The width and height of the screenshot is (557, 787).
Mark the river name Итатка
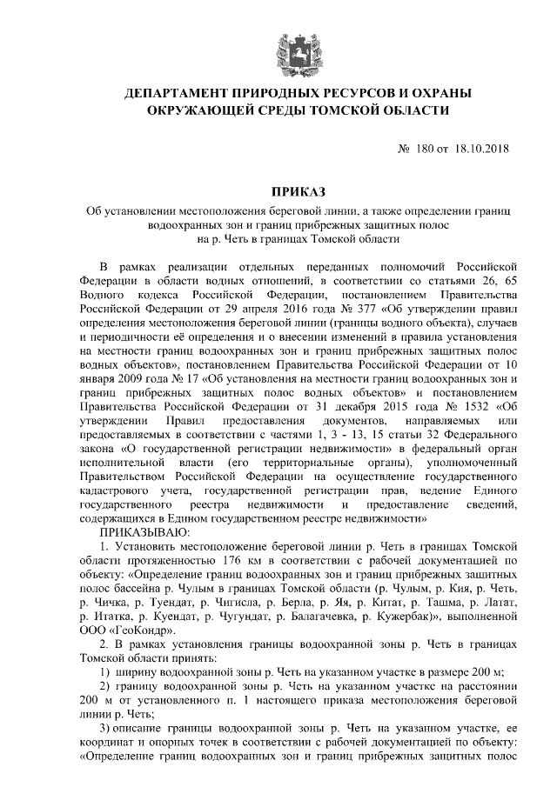pyautogui.click(x=111, y=615)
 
